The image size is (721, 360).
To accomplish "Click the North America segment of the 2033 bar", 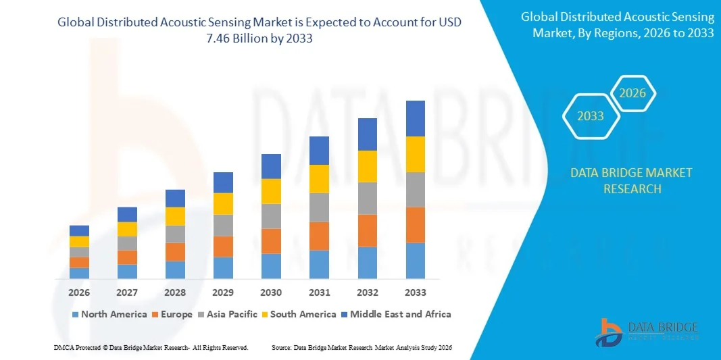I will click(x=415, y=261).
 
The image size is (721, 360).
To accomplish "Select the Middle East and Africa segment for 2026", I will click(x=79, y=230).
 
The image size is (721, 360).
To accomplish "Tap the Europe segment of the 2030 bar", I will click(x=271, y=241).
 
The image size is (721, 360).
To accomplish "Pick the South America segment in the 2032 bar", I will click(x=367, y=166).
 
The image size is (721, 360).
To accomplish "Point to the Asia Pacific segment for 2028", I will click(x=175, y=234).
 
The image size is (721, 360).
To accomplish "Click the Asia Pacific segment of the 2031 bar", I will click(x=319, y=207).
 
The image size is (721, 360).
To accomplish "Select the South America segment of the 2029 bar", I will click(x=223, y=203).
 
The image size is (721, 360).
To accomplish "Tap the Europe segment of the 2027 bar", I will click(x=127, y=257).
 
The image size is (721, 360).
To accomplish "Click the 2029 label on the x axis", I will click(x=223, y=292).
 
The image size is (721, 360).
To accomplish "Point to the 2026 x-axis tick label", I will click(x=79, y=292).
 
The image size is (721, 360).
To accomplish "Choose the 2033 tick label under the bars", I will click(x=415, y=292).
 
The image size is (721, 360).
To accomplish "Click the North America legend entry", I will click(x=108, y=314).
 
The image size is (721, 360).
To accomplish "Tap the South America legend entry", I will click(x=298, y=314).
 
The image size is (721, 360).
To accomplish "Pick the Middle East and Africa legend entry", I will click(x=396, y=314).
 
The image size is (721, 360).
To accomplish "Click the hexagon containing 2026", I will click(x=633, y=93).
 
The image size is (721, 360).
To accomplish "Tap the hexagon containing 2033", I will click(x=590, y=116).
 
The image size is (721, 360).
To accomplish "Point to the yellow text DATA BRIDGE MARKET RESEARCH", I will click(x=631, y=180).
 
